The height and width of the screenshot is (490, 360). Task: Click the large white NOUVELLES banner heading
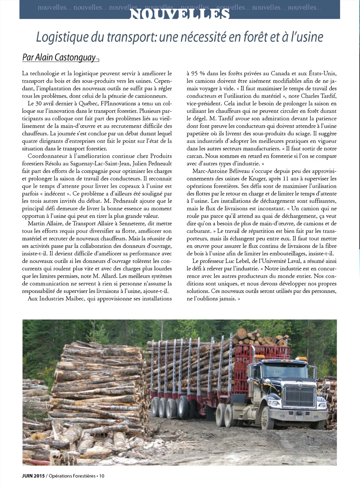coord(180,14)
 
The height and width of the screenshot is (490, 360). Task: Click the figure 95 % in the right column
coord(198,74)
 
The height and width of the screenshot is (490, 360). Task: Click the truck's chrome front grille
coord(300,397)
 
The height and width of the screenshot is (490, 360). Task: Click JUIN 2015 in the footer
coord(33,476)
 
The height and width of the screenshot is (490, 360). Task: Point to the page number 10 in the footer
coord(102,476)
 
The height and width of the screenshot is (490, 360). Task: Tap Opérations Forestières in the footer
coord(72,476)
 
